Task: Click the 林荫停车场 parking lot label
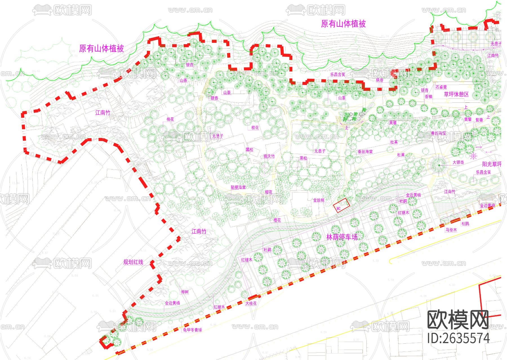(342, 237)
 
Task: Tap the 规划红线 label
(133, 262)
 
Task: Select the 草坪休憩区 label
(456, 94)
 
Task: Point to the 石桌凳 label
(441, 87)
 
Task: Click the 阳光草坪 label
(492, 164)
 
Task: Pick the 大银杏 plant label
(458, 162)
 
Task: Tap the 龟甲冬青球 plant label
(192, 330)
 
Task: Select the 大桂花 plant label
(251, 303)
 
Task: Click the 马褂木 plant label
(451, 230)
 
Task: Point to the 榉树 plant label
(185, 292)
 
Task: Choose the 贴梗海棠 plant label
(238, 187)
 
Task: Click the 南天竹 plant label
(269, 156)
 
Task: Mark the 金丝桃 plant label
(319, 200)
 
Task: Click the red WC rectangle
(341, 205)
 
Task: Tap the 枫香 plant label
(380, 80)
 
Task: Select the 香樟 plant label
(428, 97)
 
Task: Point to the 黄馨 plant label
(468, 119)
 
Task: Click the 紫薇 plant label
(479, 120)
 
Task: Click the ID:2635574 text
(458, 338)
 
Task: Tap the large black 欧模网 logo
(458, 319)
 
